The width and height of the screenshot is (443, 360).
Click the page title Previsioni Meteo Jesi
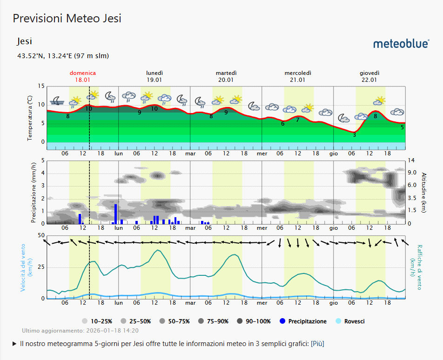67,18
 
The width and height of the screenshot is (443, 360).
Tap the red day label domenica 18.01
83,76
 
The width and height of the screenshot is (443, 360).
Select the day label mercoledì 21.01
298,76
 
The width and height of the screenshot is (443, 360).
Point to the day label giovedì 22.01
369,76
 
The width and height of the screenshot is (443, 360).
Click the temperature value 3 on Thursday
354,135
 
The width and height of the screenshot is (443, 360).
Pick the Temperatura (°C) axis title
30,118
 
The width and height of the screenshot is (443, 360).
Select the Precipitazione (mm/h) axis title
34,192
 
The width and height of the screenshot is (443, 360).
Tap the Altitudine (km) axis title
424,192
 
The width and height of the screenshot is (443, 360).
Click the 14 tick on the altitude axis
411,160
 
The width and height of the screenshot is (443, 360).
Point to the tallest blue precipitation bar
116,214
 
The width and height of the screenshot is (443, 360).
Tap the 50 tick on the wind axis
41,236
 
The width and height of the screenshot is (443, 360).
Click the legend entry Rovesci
354,321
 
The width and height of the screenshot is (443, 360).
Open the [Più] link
317,344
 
